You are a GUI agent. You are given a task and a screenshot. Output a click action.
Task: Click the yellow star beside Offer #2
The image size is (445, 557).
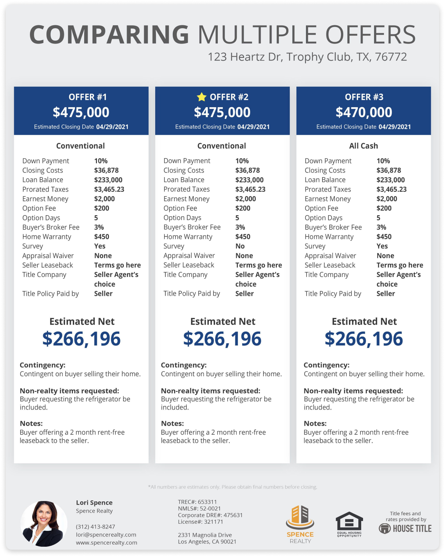coord(202,97)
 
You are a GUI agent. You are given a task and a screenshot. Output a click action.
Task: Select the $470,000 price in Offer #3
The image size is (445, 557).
coord(364,112)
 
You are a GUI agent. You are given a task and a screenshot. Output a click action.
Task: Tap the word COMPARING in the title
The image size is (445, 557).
coord(109,35)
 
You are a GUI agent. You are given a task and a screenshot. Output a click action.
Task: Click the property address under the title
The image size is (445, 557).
coord(307,57)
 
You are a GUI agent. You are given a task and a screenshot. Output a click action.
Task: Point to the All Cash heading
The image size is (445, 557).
coord(363,146)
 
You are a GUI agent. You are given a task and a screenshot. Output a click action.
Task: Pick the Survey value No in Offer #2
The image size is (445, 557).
coord(240,246)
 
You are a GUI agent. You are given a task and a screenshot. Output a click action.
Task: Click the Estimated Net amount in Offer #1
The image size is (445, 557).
coord(81,339)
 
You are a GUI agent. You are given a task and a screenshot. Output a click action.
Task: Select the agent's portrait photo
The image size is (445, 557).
coord(44,524)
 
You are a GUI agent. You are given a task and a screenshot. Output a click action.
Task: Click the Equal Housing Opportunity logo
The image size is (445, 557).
coord(349,524)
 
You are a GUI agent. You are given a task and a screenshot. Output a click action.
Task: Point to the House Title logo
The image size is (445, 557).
coord(405,528)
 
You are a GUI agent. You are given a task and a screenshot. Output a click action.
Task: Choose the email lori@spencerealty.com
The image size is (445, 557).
coord(106,535)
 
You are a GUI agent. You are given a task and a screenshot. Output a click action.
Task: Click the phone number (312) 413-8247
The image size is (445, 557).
coord(96,527)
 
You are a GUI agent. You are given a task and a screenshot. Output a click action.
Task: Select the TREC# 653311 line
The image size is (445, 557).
coord(197,502)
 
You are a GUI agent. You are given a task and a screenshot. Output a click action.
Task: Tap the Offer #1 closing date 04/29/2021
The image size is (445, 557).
coord(112,127)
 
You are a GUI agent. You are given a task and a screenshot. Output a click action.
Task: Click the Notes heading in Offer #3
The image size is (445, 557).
coord(315,423)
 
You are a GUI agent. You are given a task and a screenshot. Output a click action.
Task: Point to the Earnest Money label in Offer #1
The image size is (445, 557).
coord(45,199)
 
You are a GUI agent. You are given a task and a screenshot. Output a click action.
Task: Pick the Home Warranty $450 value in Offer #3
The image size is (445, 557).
coord(384,237)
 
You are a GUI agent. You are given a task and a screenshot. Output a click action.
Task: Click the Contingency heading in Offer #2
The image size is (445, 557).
coord(184,365)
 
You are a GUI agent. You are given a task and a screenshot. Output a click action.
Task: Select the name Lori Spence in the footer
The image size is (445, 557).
coord(94,502)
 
